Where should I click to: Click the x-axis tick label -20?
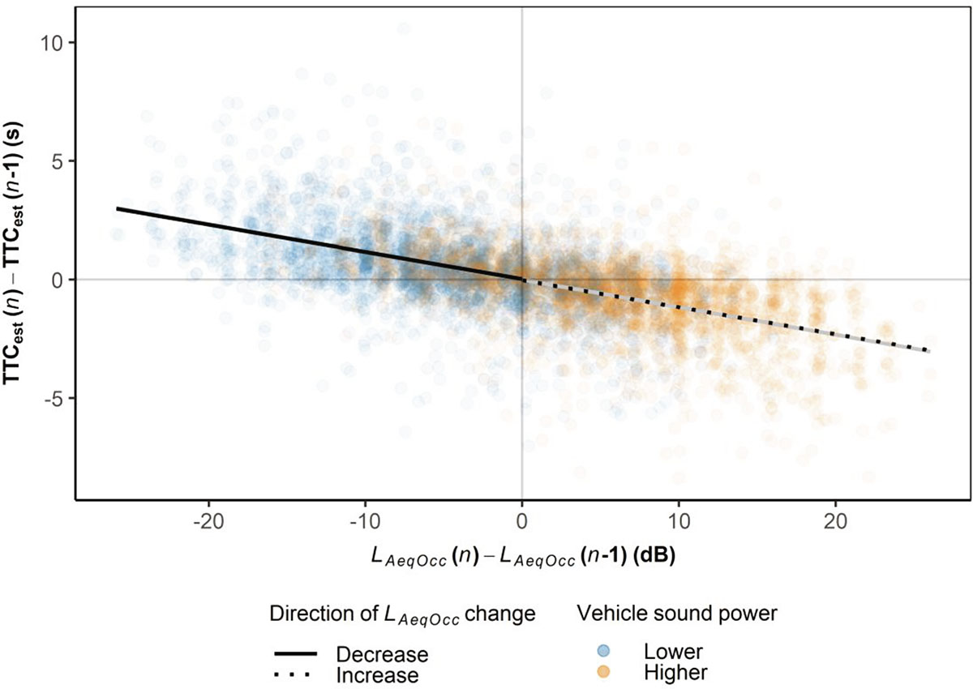(209, 519)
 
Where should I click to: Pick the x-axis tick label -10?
(366, 519)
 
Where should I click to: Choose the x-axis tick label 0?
(522, 519)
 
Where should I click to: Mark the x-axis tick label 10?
(679, 519)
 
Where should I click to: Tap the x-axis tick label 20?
(835, 519)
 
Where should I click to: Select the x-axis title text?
(522, 558)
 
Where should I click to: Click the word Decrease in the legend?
(381, 653)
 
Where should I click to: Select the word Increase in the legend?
(377, 674)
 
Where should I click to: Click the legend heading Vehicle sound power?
(678, 614)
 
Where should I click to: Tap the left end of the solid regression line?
(118, 208)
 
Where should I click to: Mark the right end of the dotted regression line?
(928, 351)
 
